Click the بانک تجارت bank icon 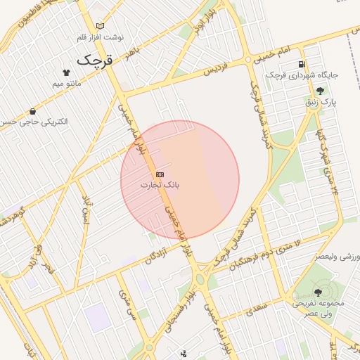(160, 174)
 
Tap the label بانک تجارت (160, 185)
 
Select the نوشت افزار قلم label (101, 37)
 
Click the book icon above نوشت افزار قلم (100, 26)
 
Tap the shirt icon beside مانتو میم (66, 72)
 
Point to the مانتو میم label (67, 84)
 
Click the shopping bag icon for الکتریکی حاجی (33, 111)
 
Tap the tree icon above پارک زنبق (321, 90)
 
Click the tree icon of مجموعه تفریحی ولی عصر (318, 291)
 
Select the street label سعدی (256, 307)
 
